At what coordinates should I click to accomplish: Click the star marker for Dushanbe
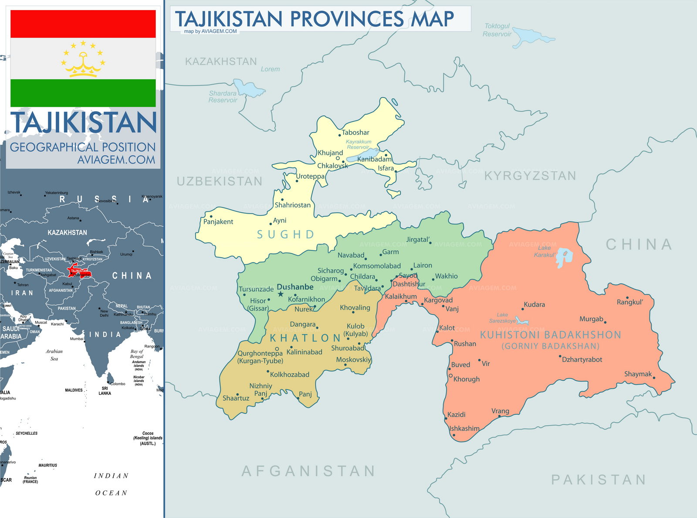[x=281, y=294]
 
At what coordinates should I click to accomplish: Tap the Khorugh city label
[x=466, y=379]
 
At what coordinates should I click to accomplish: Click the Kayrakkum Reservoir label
[x=359, y=144]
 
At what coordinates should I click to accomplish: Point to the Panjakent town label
[x=218, y=222]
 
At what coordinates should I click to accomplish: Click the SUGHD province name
[x=286, y=235]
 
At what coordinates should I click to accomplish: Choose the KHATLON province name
[x=305, y=338]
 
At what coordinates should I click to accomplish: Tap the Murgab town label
[x=591, y=319]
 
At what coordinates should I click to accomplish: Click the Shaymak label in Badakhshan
[x=638, y=374]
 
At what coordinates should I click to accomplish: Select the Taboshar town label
[x=355, y=133]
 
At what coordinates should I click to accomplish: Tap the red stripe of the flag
[x=83, y=24]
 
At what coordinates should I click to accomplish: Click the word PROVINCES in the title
[x=347, y=19]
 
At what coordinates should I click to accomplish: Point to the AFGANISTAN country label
[x=308, y=471]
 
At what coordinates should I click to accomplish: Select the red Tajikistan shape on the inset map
[x=78, y=271]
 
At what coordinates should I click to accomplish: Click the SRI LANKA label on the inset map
[x=105, y=391]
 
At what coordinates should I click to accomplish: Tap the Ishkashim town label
[x=464, y=429]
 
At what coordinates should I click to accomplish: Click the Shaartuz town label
[x=236, y=398]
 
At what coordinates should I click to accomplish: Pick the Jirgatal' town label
[x=418, y=239]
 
